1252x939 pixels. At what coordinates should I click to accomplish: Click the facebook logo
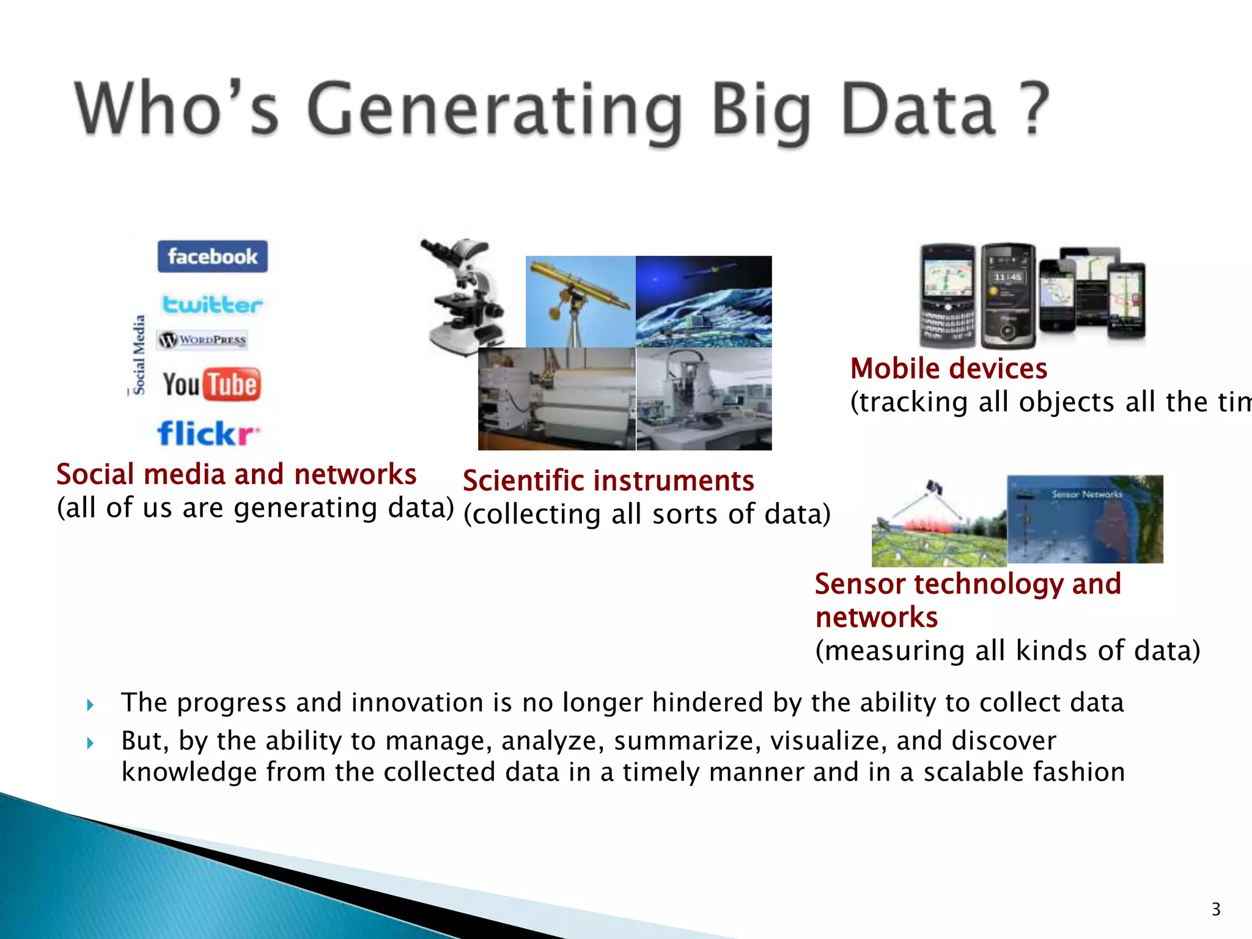click(x=212, y=256)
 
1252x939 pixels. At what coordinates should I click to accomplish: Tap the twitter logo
click(x=212, y=304)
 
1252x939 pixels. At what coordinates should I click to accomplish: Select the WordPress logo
click(x=202, y=340)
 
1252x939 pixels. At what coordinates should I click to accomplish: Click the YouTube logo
click(x=212, y=385)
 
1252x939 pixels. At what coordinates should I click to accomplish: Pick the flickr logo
click(x=208, y=433)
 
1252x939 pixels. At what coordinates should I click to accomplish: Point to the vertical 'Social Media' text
click(x=139, y=355)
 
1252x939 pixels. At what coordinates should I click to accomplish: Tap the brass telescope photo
click(x=580, y=301)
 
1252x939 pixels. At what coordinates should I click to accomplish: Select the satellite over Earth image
click(x=704, y=301)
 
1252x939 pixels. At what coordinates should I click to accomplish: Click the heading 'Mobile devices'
click(x=948, y=369)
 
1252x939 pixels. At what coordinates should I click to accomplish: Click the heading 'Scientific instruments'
click(x=608, y=481)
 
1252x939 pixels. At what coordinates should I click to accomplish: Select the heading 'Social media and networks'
click(x=236, y=474)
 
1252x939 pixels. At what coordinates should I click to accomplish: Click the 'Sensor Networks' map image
click(x=1084, y=519)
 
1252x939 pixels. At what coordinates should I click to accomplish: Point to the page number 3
click(x=1215, y=909)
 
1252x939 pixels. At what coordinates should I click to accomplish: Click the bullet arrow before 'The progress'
click(x=90, y=705)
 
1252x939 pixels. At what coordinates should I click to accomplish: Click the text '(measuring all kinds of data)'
click(x=1007, y=650)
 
